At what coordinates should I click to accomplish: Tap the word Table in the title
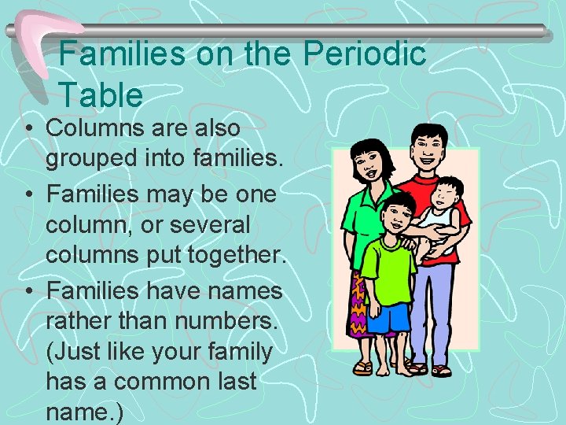pos(101,95)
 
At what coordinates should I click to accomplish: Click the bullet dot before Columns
pos(28,128)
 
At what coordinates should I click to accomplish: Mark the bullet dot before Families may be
pos(28,194)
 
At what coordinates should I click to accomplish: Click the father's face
pos(425,153)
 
